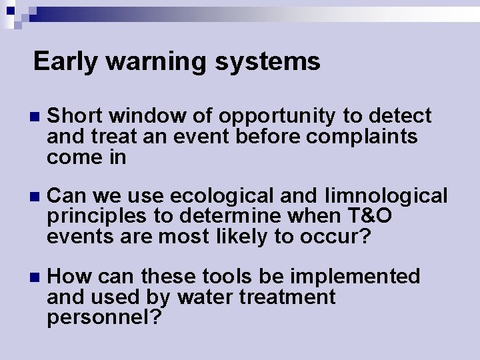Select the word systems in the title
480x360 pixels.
pyautogui.click(x=267, y=61)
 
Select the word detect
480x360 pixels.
pyautogui.click(x=399, y=116)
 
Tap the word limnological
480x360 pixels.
pyautogui.click(x=386, y=196)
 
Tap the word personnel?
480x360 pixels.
pyautogui.click(x=104, y=317)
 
